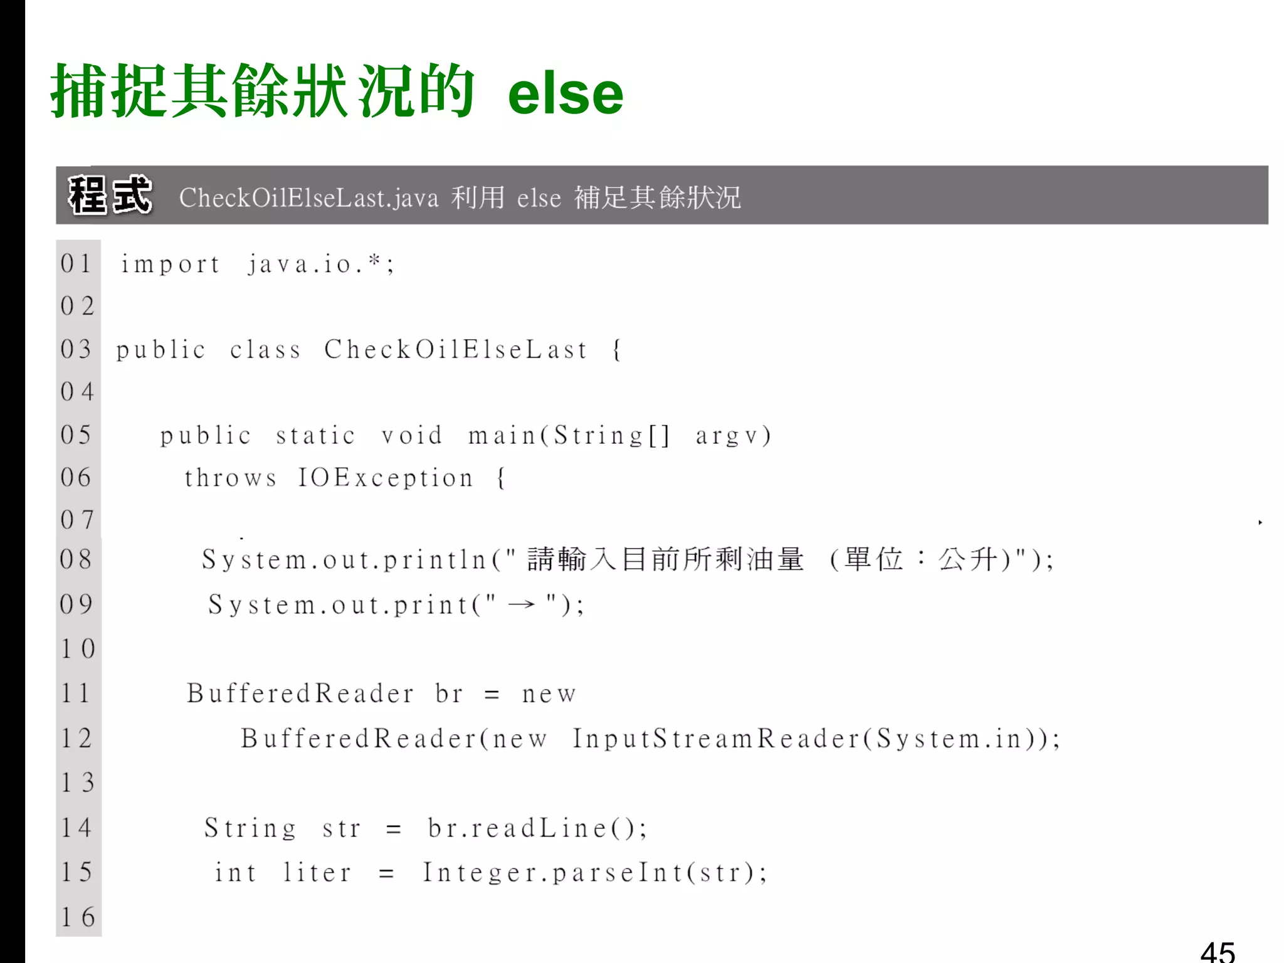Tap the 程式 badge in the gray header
(110, 195)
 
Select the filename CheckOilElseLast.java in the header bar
(308, 198)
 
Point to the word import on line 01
(171, 265)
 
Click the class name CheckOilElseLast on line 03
(456, 349)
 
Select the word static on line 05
(316, 435)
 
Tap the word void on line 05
(412, 435)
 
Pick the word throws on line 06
(231, 478)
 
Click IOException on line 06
(386, 478)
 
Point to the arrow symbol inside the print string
(522, 604)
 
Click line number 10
(78, 649)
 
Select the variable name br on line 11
(449, 694)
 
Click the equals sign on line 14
(394, 829)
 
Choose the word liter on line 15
(317, 873)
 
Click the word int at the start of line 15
(236, 873)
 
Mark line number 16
(78, 917)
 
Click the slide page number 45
(1218, 952)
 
